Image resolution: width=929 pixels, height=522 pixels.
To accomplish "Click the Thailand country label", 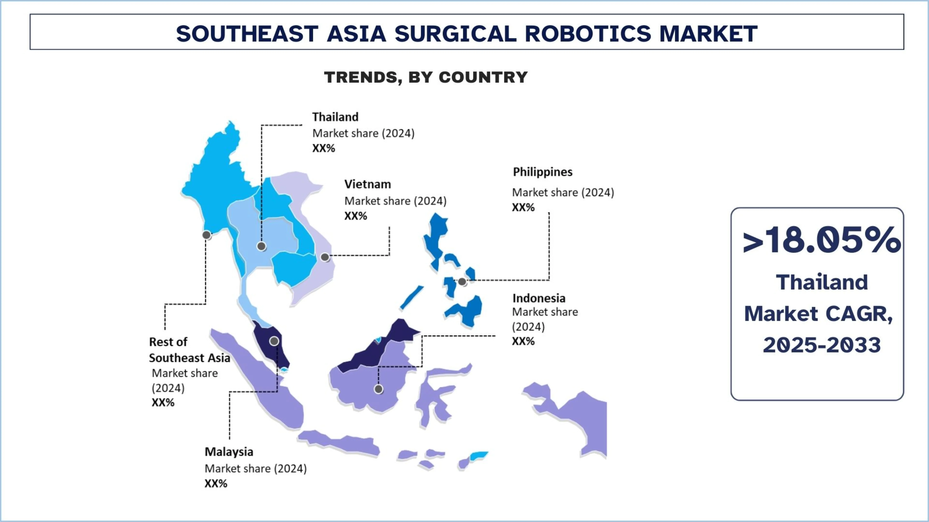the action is pos(335,117).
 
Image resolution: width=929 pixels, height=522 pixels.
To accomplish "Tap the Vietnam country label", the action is pos(368,184).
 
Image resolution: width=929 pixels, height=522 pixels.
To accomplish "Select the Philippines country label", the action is pos(542,172).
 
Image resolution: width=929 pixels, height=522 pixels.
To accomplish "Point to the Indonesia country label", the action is pos(539,298).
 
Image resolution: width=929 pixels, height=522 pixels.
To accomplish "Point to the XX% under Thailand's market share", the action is pos(324,148).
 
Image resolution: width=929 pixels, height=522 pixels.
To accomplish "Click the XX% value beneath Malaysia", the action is pos(216,483).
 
